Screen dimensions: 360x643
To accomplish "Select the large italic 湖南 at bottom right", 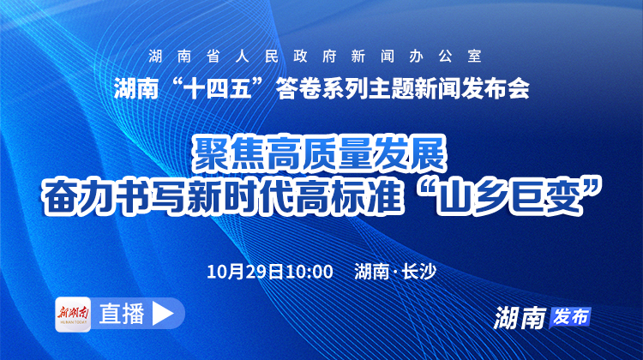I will pos(520,317).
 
